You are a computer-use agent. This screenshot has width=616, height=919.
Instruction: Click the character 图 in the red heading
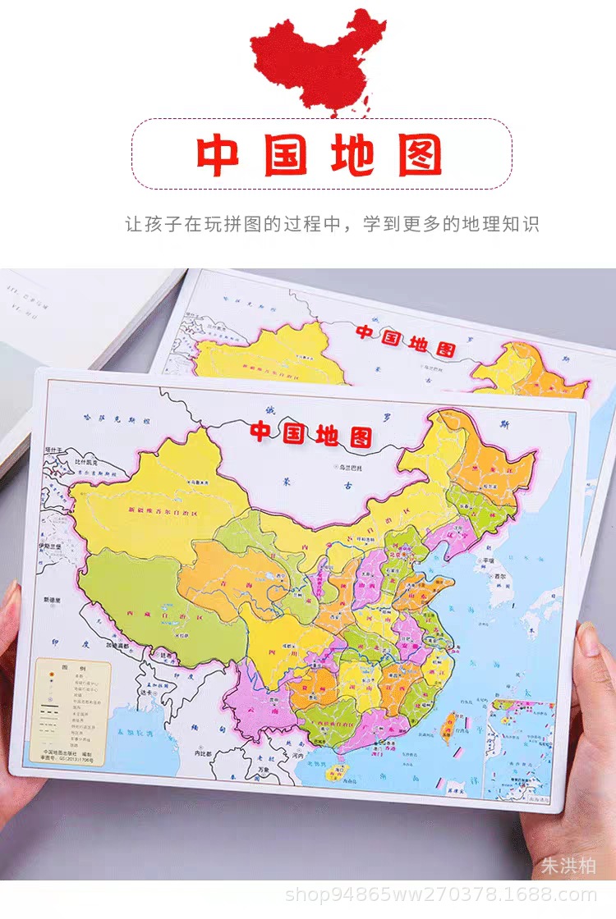tap(420, 155)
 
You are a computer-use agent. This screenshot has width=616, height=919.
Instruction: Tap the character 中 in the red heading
tap(218, 155)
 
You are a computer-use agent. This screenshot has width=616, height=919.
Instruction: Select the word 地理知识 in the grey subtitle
tap(503, 224)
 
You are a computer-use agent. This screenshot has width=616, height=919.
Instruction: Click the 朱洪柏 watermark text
tap(568, 866)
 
